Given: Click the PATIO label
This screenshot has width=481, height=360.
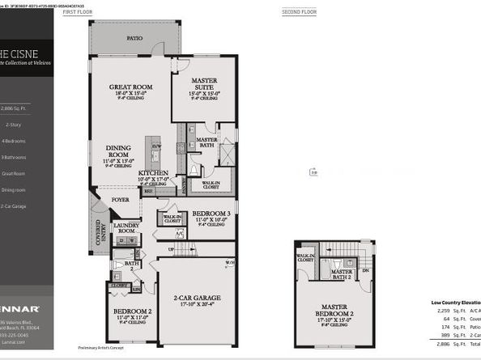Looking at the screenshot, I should tap(134, 38).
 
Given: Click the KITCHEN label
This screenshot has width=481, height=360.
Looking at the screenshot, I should tap(153, 174).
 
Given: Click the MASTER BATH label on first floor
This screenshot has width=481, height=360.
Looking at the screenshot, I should tap(207, 142).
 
